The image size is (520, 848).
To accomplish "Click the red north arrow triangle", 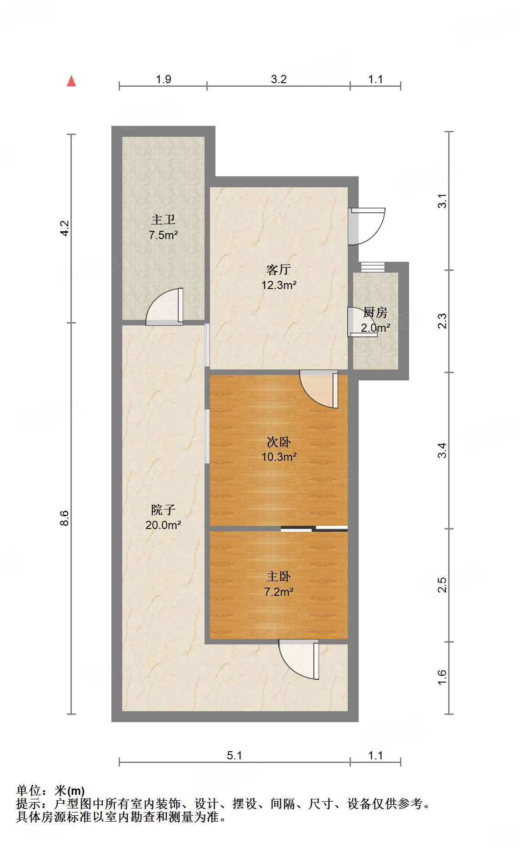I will pos(71,81).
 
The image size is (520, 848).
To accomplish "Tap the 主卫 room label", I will pos(163,220).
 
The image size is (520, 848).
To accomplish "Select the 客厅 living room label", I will pos(278,269).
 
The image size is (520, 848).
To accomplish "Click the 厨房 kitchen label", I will pos(375,313).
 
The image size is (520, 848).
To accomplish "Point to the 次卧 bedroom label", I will pos(278,442).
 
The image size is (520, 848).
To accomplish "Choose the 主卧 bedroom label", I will pos(278,577).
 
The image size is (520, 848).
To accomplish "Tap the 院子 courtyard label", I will pos(163,510).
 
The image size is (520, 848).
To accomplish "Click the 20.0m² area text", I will pos(163,525).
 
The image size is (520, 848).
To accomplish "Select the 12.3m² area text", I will pos(279,285).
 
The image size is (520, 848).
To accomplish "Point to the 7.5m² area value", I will pos(163,235).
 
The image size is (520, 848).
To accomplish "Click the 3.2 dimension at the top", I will pos(279,80).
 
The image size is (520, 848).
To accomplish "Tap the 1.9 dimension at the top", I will pos(163,80).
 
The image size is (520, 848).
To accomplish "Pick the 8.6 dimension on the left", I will pos(65,519).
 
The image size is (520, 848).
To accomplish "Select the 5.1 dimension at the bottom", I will pos(234,755).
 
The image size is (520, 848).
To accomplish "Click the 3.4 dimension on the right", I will pos(442,450).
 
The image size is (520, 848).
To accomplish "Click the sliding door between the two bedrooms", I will pos(314,529).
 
